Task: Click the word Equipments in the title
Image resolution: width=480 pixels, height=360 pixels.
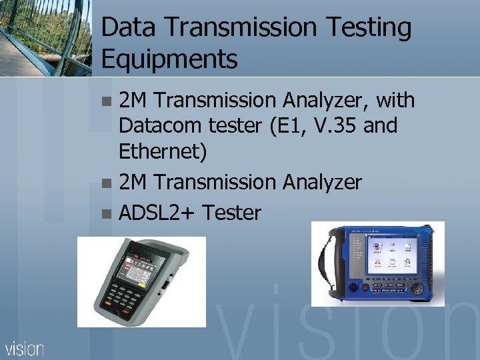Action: pyautogui.click(x=169, y=59)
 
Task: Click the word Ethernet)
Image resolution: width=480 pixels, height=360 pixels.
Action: pyautogui.click(x=163, y=152)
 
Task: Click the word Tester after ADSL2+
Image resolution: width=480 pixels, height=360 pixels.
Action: pyautogui.click(x=231, y=213)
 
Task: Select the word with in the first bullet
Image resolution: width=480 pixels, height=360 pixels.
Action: pyautogui.click(x=395, y=101)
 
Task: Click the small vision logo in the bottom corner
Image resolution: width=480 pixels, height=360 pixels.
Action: pyautogui.click(x=25, y=348)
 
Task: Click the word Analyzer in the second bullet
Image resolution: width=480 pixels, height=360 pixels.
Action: pyautogui.click(x=323, y=182)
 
